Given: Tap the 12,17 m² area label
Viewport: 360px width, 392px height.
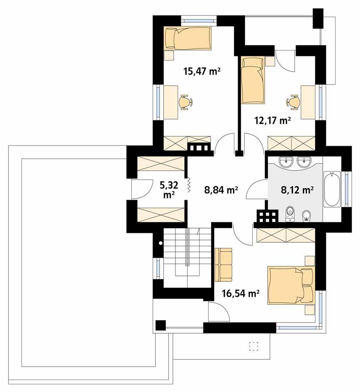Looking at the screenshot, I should (272, 121).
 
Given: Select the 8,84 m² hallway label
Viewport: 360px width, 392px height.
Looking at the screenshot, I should (221, 189).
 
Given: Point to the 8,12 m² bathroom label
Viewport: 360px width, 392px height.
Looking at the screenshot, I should (296, 189).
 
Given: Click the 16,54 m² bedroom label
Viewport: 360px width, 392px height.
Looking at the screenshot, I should (240, 294).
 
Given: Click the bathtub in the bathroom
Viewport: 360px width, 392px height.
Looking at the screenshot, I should (332, 189).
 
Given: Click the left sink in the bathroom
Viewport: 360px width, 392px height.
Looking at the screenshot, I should (286, 162).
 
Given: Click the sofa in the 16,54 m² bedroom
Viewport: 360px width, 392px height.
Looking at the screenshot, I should (223, 265).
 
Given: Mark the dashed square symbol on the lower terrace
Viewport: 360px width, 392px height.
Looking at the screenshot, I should (253, 345).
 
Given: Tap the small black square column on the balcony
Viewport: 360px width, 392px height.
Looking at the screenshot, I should (160, 326).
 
